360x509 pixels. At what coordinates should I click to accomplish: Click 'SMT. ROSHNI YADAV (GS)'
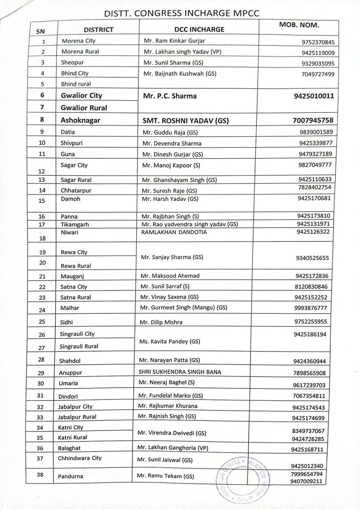pyautogui.click(x=186, y=121)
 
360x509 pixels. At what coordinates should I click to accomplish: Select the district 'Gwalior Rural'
pyautogui.click(x=83, y=108)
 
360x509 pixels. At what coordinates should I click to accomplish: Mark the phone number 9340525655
pyautogui.click(x=314, y=258)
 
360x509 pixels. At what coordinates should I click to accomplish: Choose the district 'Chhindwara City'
pyautogui.click(x=81, y=458)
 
